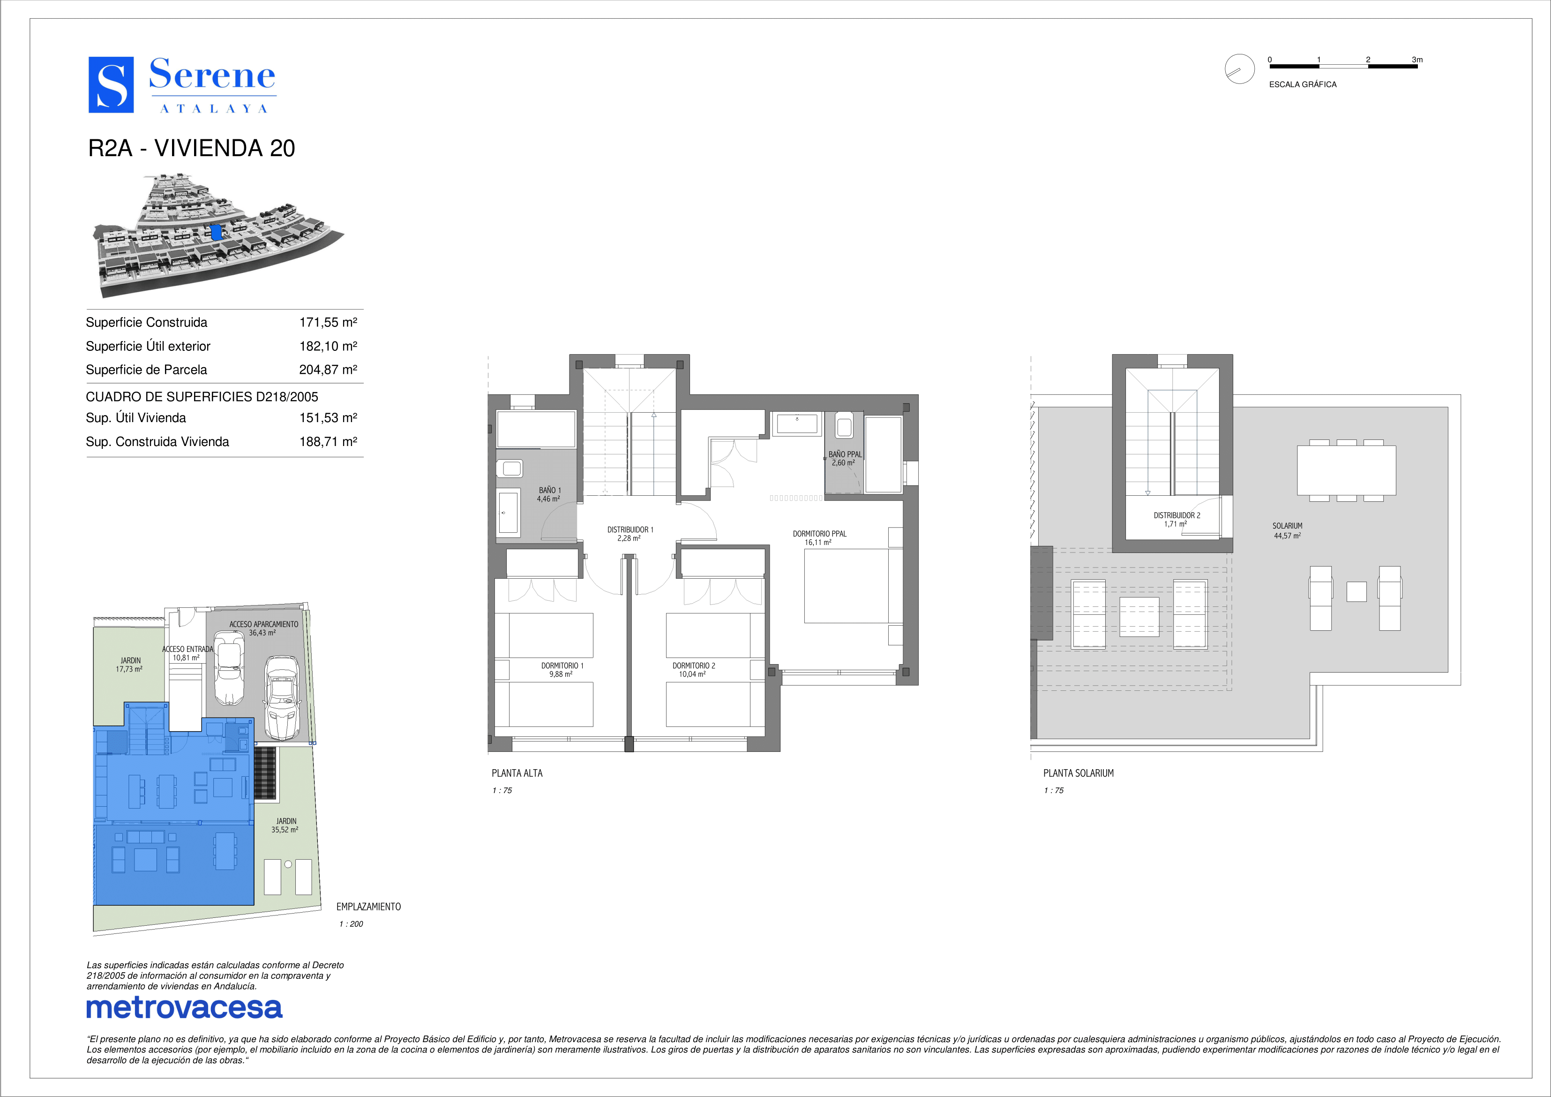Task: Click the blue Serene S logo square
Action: pos(111,84)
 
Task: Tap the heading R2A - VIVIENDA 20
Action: pos(192,148)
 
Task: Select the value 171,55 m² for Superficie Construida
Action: pos(328,322)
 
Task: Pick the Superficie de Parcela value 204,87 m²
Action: pos(328,370)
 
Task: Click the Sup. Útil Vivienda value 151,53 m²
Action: pos(328,418)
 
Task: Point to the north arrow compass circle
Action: pos(1240,69)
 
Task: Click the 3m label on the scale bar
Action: pos(1417,60)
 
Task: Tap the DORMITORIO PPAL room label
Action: pos(819,534)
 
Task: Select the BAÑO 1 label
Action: pos(550,491)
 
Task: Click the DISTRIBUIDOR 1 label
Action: pos(630,530)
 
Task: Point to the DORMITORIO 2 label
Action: pos(694,666)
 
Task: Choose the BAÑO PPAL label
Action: pos(845,454)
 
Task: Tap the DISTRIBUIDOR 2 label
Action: pos(1177,515)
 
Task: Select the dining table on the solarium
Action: pos(1346,470)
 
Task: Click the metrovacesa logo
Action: pos(184,1008)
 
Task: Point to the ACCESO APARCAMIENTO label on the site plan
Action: pos(263,625)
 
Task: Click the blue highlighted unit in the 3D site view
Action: pos(216,233)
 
